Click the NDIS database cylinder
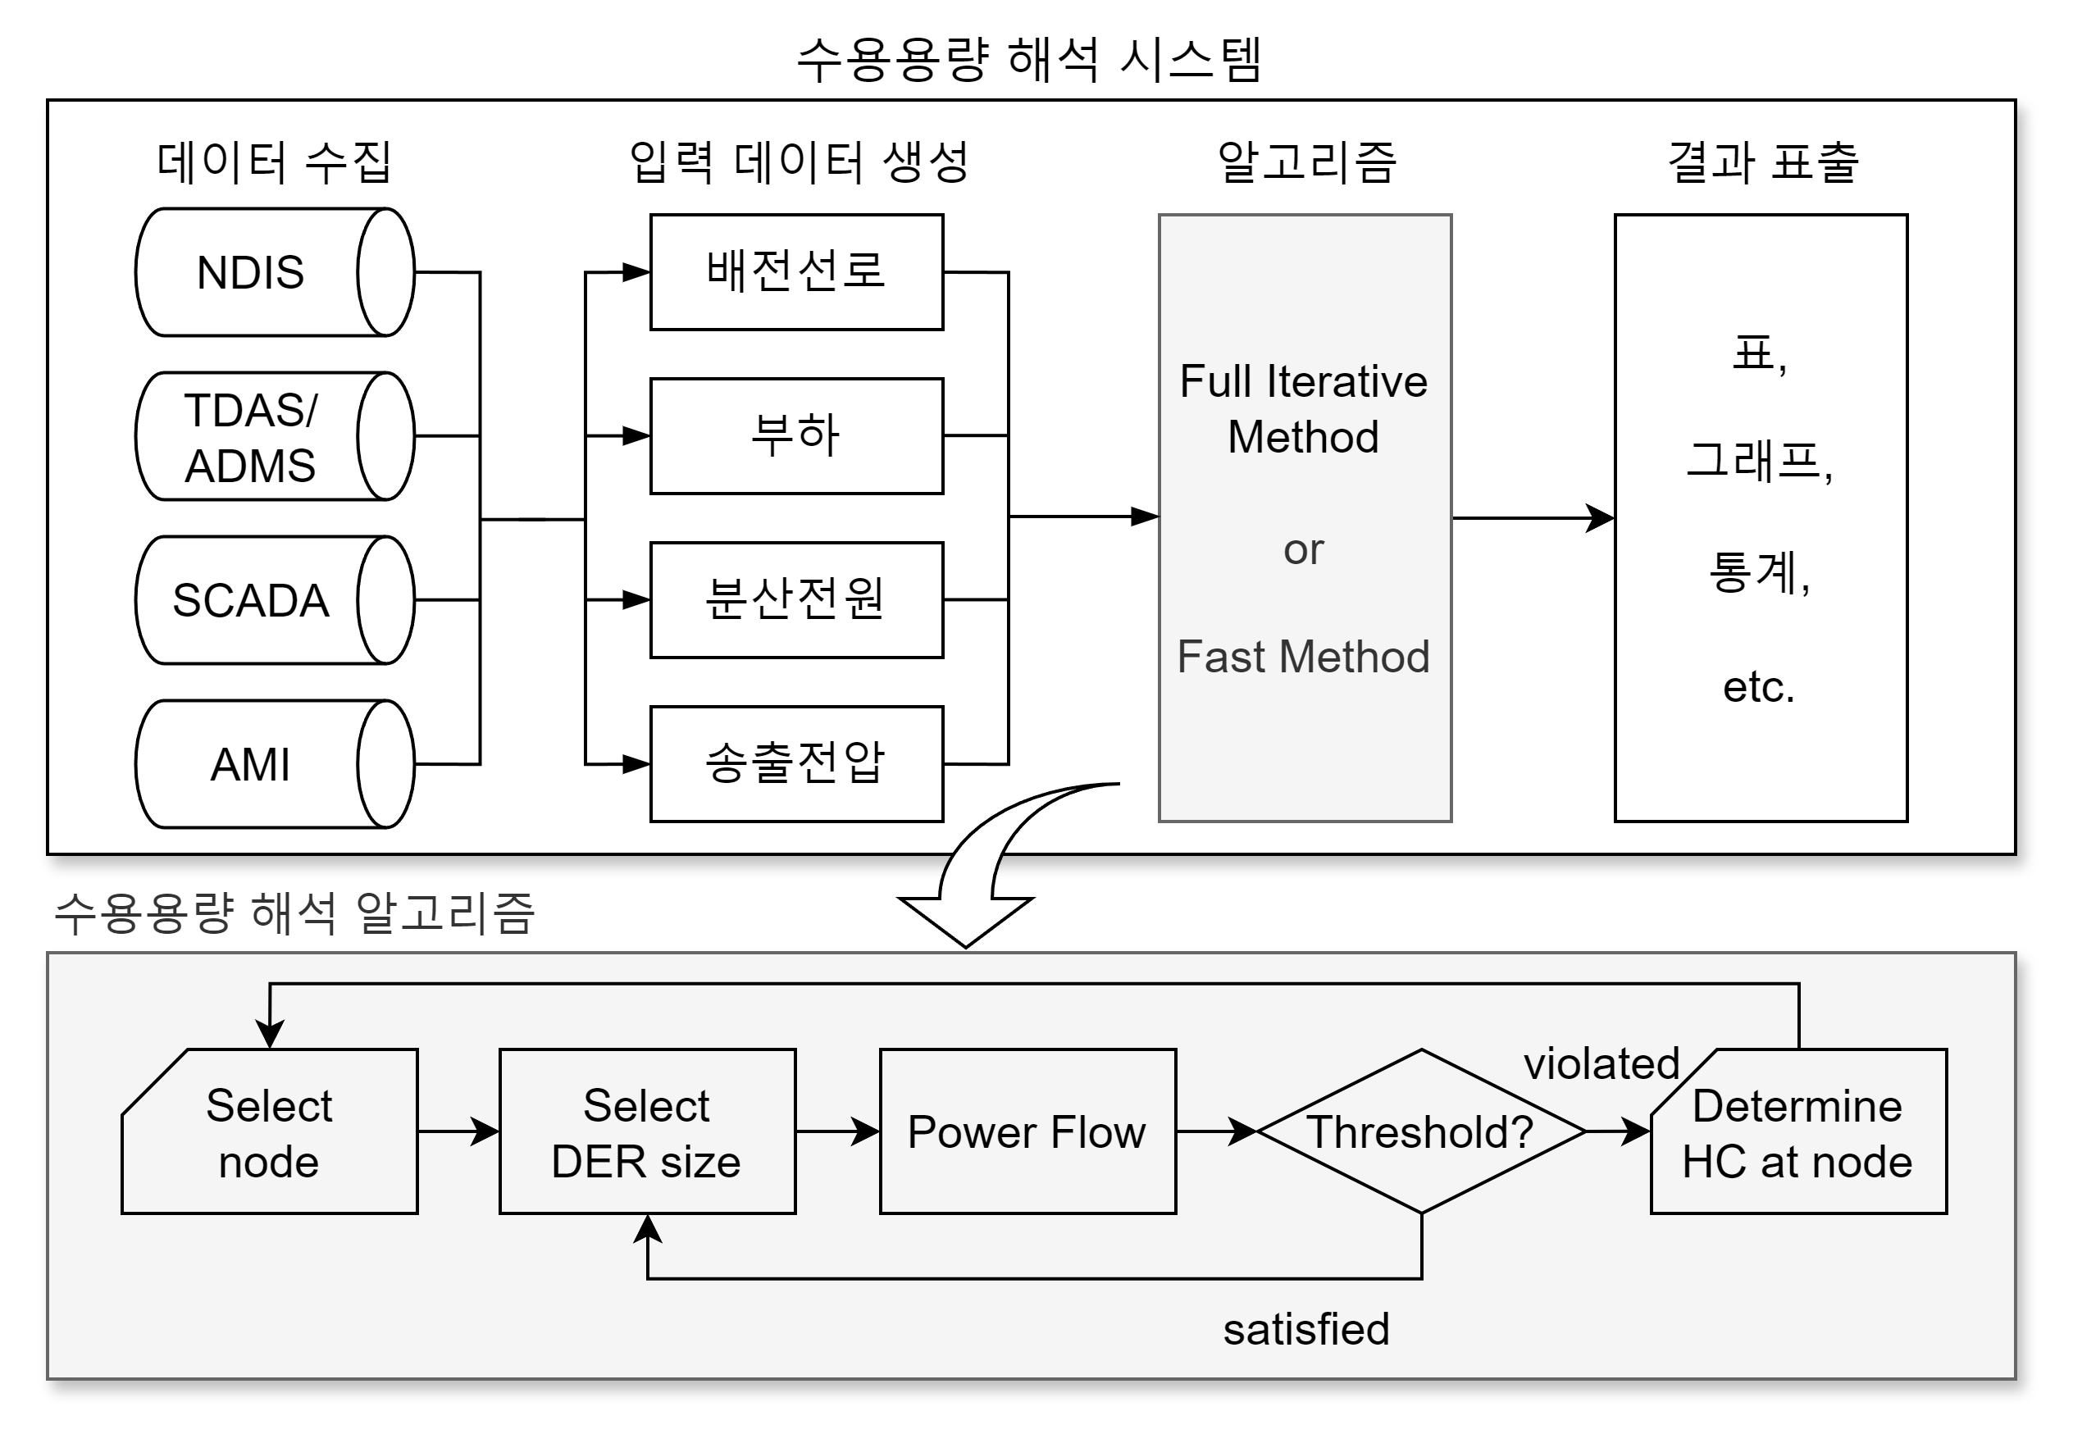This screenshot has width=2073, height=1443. [271, 272]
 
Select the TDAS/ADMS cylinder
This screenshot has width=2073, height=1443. [271, 436]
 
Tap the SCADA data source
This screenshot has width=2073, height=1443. [271, 600]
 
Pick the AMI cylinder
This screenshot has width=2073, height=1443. [271, 764]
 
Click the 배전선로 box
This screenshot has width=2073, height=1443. [796, 272]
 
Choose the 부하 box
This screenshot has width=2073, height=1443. [796, 436]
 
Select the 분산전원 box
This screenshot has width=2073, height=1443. [796, 599]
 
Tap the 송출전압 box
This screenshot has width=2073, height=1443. [796, 764]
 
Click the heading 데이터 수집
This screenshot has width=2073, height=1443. [274, 162]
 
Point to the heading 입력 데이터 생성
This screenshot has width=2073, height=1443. [798, 162]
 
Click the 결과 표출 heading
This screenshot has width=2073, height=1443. [1761, 162]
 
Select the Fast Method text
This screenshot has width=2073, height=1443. [1303, 657]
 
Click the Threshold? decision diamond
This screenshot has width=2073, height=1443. [1420, 1131]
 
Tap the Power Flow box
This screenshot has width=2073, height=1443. [1027, 1131]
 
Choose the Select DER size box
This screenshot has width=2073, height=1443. [646, 1131]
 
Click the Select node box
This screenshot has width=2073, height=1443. [269, 1131]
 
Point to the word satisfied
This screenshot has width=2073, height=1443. [1305, 1329]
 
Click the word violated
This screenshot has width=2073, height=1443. [1601, 1063]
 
